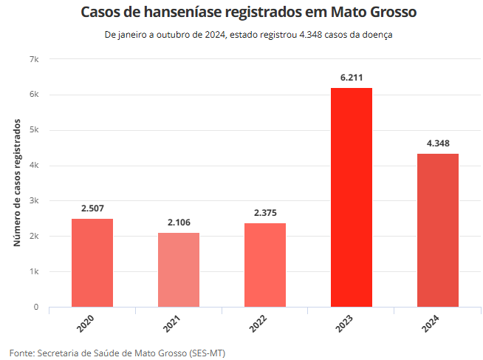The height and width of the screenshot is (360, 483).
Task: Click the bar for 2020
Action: [x=92, y=262]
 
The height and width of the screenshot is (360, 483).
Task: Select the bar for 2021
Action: [x=179, y=270]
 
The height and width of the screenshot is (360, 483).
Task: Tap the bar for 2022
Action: [x=265, y=265]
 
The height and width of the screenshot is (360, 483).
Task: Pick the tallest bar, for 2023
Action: [x=352, y=197]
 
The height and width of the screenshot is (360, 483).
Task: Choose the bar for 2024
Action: [x=438, y=230]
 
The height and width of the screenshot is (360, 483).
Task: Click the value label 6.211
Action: [x=352, y=77]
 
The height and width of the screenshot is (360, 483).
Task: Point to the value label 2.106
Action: [x=179, y=222]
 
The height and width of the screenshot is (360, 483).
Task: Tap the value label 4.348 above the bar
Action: [x=438, y=143]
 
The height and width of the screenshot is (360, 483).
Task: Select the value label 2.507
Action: [x=92, y=208]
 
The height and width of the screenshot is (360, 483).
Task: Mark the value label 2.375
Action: [x=265, y=212]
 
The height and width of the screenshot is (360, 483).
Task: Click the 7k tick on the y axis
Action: [x=34, y=59]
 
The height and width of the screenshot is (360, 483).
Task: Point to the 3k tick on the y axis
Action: [x=34, y=200]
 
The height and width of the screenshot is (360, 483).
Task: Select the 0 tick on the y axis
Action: [x=36, y=307]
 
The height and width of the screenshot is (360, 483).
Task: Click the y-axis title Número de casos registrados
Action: [x=18, y=183]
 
